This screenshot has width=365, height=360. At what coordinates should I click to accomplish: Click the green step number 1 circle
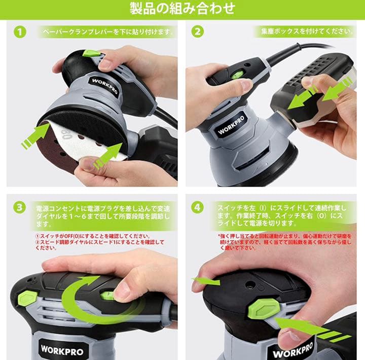click(x=19, y=32)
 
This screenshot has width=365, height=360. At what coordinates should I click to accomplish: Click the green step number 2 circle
click(x=198, y=31)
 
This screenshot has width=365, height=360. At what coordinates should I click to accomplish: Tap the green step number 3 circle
click(x=19, y=207)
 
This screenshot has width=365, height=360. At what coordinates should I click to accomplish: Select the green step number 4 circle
click(x=198, y=207)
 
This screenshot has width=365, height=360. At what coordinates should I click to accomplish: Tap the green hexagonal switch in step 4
click(x=263, y=308)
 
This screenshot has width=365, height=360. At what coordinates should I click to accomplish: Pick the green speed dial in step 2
click(x=237, y=75)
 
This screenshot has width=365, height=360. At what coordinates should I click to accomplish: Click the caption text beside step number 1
click(x=107, y=32)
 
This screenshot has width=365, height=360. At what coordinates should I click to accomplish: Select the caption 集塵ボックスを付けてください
click(x=304, y=31)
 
